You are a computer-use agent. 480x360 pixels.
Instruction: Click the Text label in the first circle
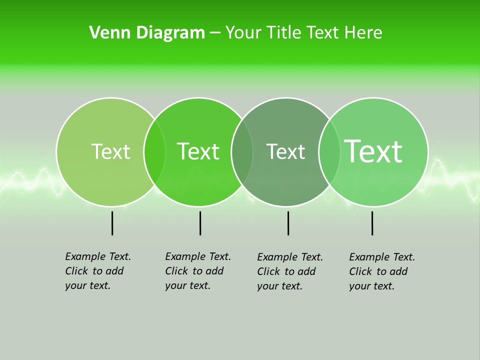coord(110,151)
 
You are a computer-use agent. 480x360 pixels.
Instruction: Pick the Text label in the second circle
coord(198,151)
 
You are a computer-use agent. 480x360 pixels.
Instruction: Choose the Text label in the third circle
coord(285,151)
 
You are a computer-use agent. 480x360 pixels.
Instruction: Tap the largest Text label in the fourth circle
coord(373,151)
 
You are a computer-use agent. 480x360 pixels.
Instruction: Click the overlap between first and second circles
coord(154,152)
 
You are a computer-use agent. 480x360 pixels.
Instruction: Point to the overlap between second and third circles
coord(242,152)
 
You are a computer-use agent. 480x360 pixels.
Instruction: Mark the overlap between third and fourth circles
coord(329,152)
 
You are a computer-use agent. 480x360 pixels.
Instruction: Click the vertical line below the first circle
coord(112,223)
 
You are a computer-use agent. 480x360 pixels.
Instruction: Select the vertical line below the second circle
coord(200,223)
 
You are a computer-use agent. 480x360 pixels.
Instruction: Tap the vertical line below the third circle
coord(288,223)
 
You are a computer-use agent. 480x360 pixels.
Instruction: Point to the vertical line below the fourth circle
coord(372,223)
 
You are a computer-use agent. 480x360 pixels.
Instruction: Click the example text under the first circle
coord(97,271)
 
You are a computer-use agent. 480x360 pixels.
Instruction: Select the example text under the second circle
coord(197,271)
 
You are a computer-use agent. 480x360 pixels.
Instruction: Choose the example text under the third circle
coord(289,271)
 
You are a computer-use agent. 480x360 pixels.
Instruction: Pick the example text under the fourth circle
coord(381,271)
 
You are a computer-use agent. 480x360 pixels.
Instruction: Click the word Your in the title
coord(244,33)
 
